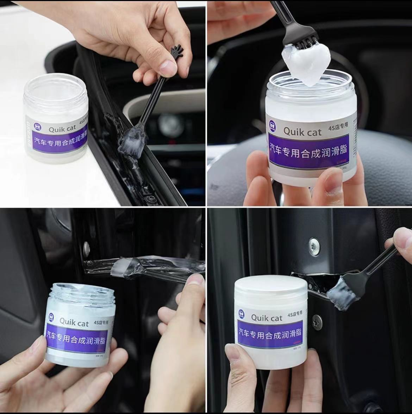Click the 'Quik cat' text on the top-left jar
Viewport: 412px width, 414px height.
(x=62, y=129)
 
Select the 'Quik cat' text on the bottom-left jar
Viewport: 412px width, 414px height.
(x=74, y=322)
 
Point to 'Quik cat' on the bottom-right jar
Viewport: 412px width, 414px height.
(x=267, y=318)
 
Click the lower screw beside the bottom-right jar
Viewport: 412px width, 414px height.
(x=317, y=322)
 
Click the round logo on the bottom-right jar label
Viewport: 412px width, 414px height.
(x=242, y=312)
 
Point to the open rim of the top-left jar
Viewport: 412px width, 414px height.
(x=56, y=84)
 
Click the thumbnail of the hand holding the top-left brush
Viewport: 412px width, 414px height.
(x=168, y=66)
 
